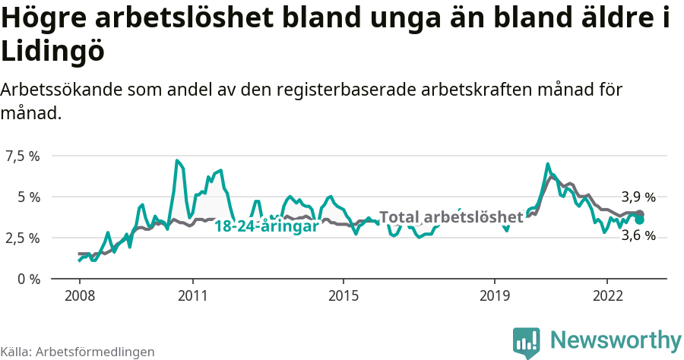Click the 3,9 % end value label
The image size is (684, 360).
(638, 196)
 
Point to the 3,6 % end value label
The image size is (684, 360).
(638, 235)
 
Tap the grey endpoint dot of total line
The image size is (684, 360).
(640, 214)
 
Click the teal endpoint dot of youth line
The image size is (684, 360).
(640, 219)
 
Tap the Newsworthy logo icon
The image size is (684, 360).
(527, 342)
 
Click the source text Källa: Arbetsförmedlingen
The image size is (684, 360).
(78, 352)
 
